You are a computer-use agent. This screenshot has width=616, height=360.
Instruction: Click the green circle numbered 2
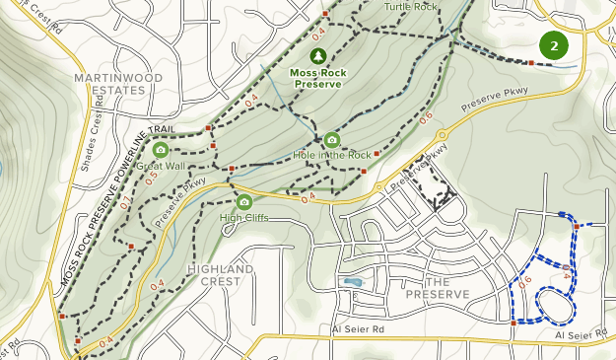(555, 44)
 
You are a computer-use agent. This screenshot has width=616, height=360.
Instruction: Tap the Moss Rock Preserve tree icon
(317, 56)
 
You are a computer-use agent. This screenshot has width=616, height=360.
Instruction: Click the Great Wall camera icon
(161, 150)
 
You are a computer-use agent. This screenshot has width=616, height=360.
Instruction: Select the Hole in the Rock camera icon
(331, 139)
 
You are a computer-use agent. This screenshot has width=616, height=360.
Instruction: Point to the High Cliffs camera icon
(244, 202)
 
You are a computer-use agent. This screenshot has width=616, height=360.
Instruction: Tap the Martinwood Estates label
(108, 83)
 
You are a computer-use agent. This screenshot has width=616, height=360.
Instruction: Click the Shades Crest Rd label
(97, 137)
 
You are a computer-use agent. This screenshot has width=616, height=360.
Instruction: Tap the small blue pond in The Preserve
(352, 282)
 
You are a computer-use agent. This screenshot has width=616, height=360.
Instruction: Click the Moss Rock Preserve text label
(316, 78)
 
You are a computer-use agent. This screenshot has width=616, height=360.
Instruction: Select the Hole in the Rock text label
(332, 155)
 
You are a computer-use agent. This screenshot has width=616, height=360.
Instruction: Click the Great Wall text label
(161, 167)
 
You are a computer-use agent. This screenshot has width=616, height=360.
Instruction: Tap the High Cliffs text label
(244, 218)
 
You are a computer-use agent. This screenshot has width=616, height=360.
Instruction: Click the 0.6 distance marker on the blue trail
(524, 281)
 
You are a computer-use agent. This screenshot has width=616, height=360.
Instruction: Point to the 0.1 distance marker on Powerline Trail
(125, 204)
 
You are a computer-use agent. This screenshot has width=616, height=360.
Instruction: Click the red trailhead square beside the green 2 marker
(530, 62)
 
